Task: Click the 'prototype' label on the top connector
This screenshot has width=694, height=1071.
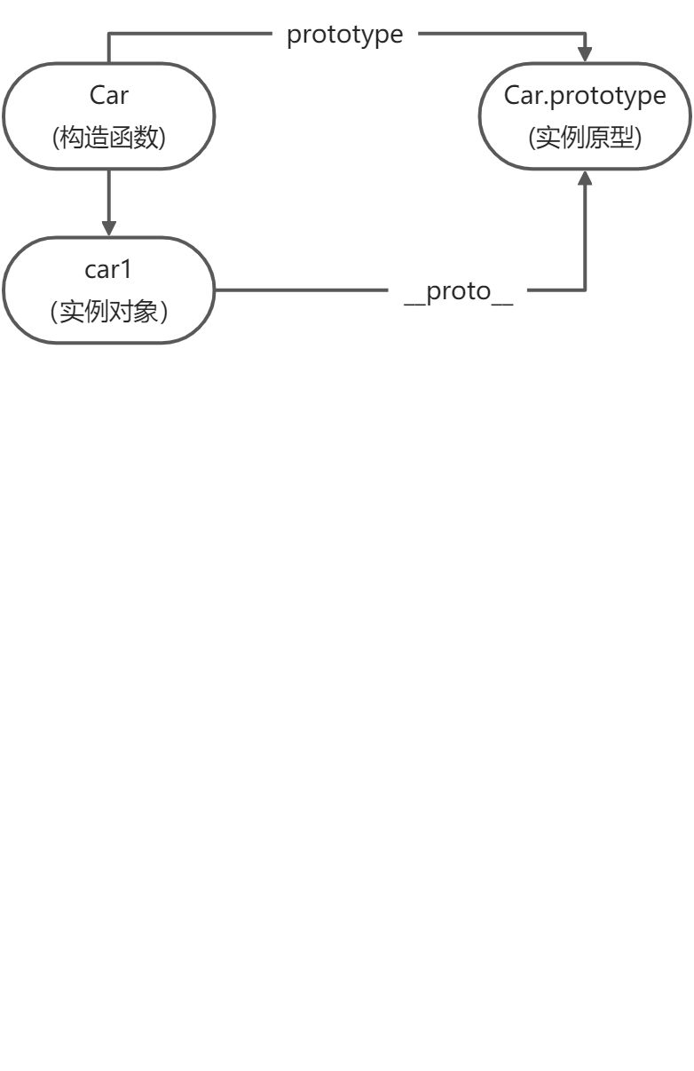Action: [x=344, y=35]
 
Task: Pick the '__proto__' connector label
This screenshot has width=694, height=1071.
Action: [x=458, y=291]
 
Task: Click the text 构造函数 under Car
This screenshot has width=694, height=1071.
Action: [x=109, y=137]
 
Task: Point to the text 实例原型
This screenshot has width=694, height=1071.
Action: [x=585, y=137]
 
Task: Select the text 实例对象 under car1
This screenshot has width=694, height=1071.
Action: [x=109, y=312]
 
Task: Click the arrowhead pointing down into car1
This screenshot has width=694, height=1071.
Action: [x=109, y=228]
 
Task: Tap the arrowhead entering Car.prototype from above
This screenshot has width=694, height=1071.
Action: [x=585, y=54]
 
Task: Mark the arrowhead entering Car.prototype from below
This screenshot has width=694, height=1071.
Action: [x=585, y=178]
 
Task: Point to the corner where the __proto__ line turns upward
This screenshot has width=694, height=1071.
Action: [x=585, y=290]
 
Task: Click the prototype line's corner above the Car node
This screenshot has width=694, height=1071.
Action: [x=109, y=35]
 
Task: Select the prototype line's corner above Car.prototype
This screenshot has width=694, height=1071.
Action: [x=585, y=35]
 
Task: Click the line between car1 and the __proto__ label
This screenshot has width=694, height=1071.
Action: [x=302, y=290]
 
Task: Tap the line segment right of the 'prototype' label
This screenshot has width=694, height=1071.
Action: [x=497, y=35]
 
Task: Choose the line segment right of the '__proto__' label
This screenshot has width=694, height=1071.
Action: [x=555, y=290]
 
